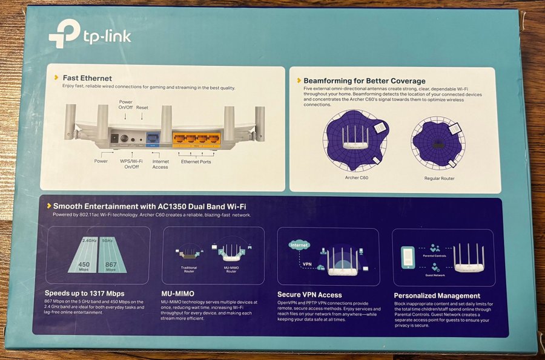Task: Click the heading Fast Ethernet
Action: point(87,78)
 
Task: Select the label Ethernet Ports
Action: point(196,162)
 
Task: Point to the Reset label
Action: point(142,108)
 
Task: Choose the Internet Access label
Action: point(160,164)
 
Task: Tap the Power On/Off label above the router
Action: point(125,105)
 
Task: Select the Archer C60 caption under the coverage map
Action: point(356,178)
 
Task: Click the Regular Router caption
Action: point(439,178)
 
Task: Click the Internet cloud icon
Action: point(299,245)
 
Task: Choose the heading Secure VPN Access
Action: point(309,295)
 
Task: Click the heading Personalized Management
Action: point(437,295)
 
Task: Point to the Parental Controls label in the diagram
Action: point(435,255)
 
